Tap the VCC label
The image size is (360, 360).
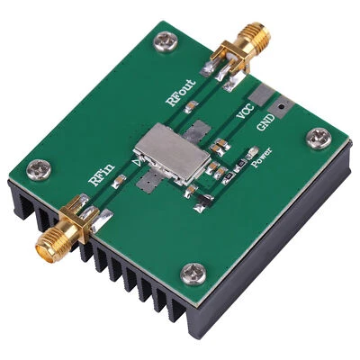point(243,112)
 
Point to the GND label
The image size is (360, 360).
point(266,121)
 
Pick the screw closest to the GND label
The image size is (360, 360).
point(320,138)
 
